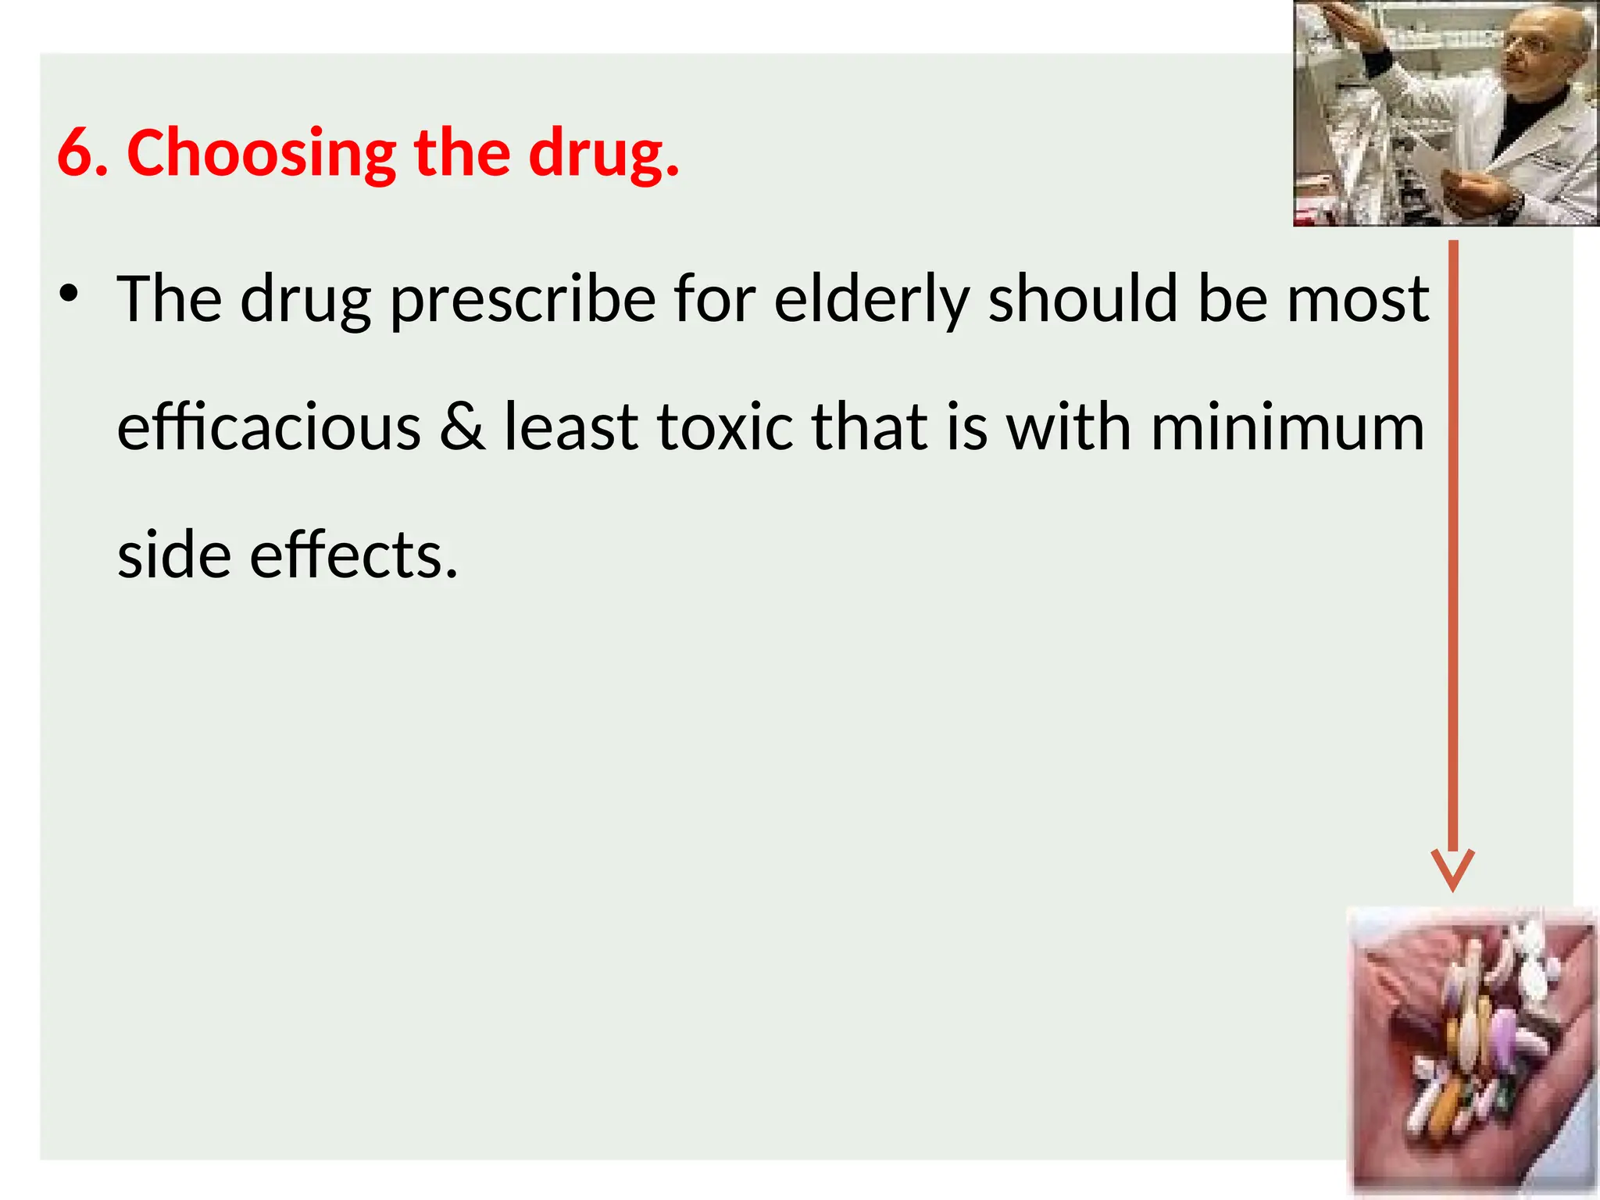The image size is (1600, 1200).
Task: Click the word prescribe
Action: coord(523,300)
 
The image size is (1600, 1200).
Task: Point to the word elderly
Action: coord(872,300)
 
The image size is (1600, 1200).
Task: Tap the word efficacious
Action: coord(269,427)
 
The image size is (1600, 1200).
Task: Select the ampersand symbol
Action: coord(462,427)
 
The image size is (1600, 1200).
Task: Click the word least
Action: coord(570,427)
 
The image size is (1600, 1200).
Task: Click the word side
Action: coord(173,555)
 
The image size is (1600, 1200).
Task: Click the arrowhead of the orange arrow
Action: coord(1452,871)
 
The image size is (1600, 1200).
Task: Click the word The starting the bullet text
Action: coord(169,298)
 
